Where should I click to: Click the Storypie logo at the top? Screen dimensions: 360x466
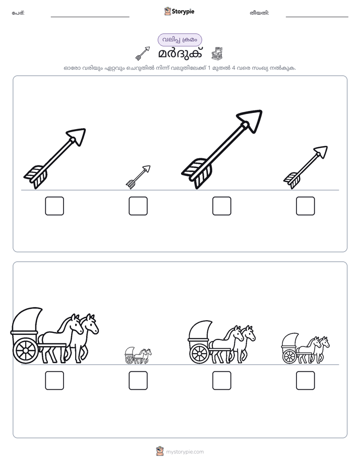click(x=179, y=11)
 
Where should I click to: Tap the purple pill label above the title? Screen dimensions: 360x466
click(x=179, y=40)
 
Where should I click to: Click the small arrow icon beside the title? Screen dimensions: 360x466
click(x=143, y=53)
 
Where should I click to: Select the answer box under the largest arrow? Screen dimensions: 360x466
click(x=221, y=206)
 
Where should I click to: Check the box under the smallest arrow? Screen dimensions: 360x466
click(x=138, y=206)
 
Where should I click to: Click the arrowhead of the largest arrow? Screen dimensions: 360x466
click(x=250, y=120)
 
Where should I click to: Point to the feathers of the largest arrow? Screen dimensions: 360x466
click(x=197, y=173)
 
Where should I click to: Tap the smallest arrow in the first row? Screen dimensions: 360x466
click(x=138, y=177)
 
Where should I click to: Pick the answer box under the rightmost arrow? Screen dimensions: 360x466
click(x=306, y=206)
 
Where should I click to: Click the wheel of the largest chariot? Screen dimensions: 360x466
click(x=26, y=351)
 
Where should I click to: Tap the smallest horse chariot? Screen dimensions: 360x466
click(x=138, y=356)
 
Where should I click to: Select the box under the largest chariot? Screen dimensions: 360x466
click(x=54, y=380)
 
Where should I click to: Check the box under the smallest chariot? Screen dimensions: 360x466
click(x=138, y=380)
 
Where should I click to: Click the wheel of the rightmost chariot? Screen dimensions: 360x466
click(x=289, y=357)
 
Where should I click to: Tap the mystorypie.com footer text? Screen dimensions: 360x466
click(x=185, y=452)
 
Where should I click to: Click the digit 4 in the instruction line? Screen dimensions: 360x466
click(x=233, y=68)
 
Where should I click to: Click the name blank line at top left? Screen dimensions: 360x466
click(x=90, y=17)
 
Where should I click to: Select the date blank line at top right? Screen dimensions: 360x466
click(x=317, y=17)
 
